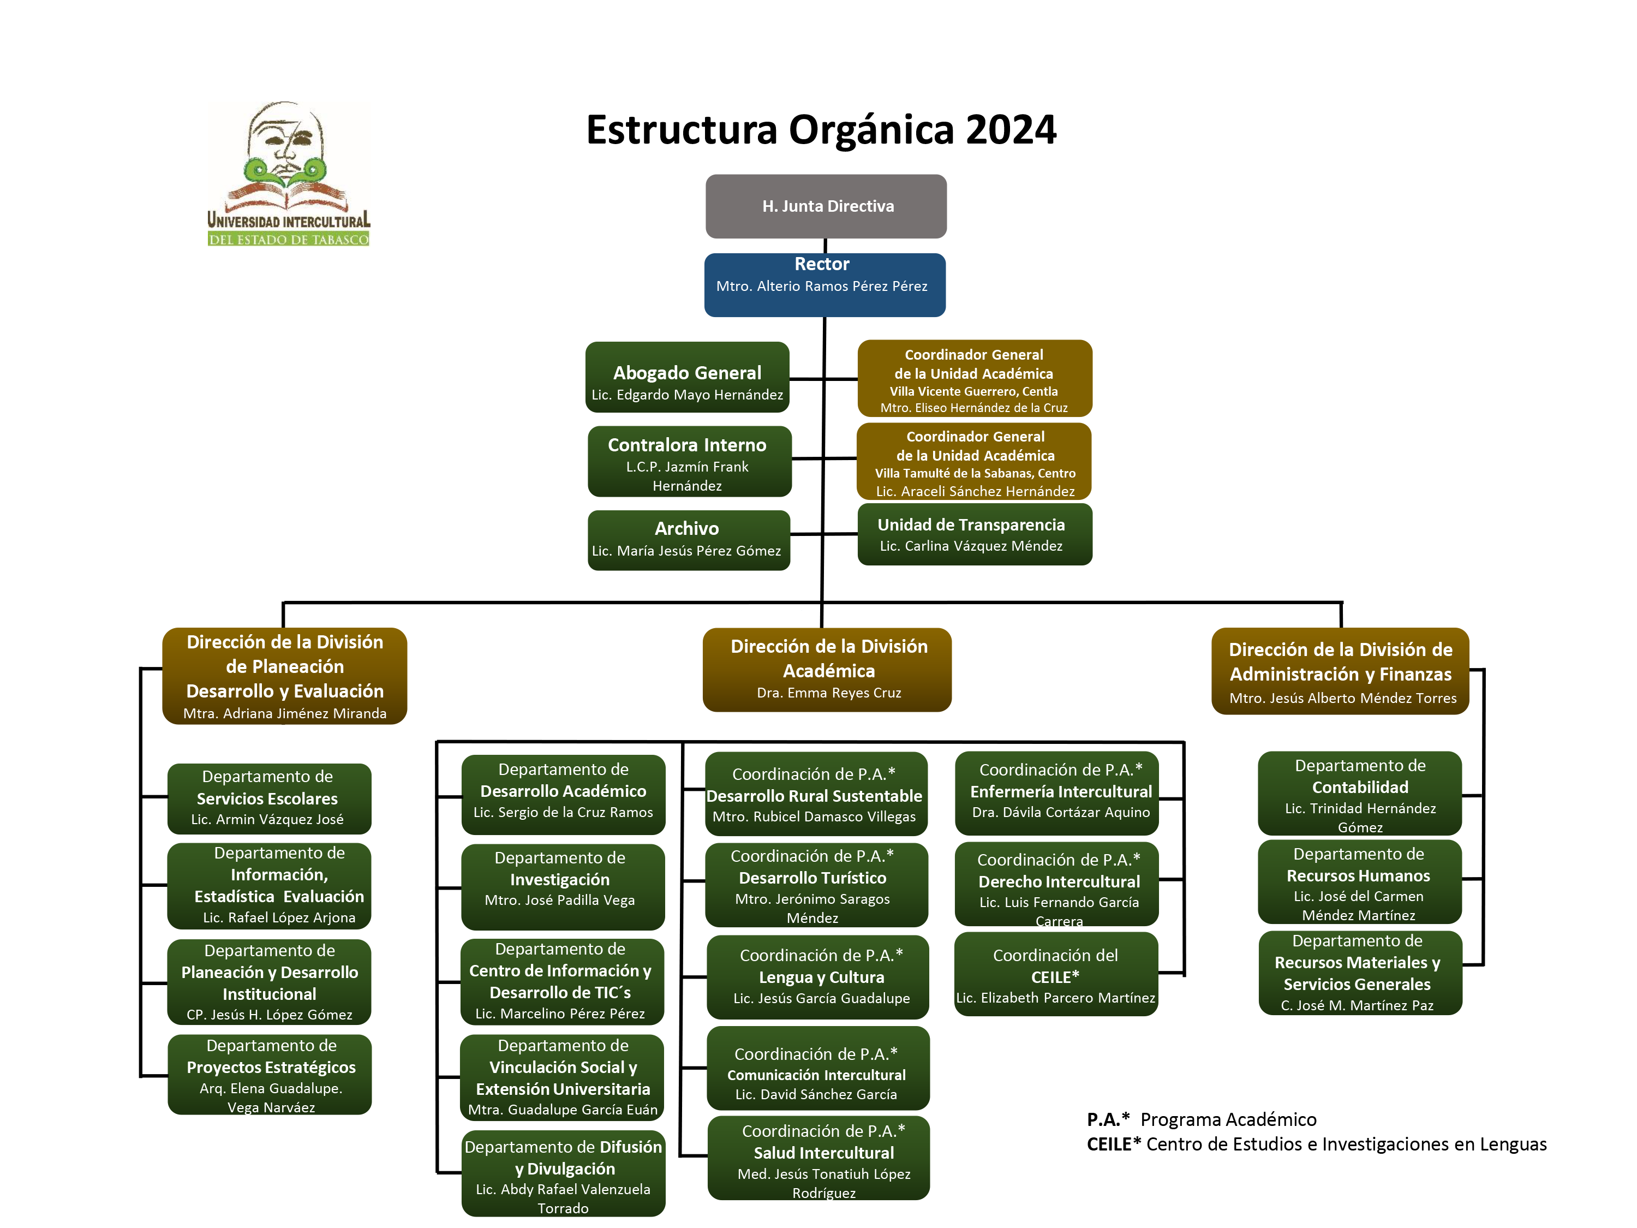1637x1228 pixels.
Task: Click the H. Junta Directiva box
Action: [x=826, y=206]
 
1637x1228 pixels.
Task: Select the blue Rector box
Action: [x=825, y=285]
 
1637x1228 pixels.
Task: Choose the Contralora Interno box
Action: [x=690, y=461]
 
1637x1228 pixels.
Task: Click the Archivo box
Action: [x=689, y=540]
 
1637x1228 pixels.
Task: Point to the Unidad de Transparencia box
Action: [x=975, y=534]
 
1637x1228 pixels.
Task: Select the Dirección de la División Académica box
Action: [x=827, y=670]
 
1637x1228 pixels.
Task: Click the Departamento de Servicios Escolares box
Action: [x=270, y=798]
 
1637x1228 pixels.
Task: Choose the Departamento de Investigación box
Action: [x=563, y=887]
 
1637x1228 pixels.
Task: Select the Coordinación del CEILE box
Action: [x=1056, y=974]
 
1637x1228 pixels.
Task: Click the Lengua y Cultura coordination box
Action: [x=818, y=977]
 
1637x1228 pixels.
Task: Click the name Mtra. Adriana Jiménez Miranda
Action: [x=285, y=713]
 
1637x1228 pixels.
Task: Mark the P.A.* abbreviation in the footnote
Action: [x=1108, y=1119]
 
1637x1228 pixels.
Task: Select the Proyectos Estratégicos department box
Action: [x=270, y=1075]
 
